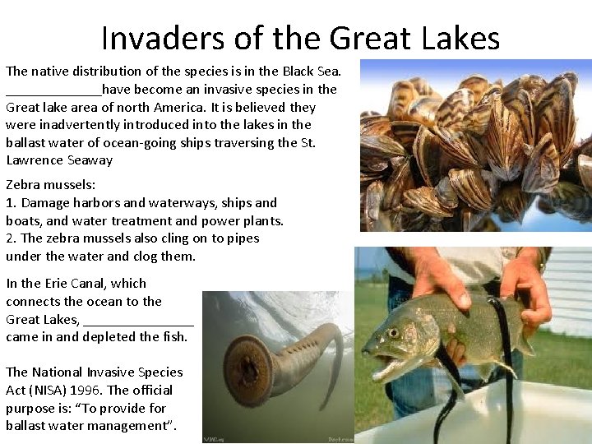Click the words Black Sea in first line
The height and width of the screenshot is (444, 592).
coord(321,71)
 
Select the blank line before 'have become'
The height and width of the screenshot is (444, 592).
coord(53,90)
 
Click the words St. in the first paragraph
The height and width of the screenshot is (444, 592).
coord(308,143)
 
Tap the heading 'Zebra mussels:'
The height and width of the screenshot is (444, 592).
coord(50,184)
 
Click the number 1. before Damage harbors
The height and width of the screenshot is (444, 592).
coord(12,202)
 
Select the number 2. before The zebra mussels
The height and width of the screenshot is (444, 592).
coord(12,238)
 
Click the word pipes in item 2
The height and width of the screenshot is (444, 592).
coord(243,238)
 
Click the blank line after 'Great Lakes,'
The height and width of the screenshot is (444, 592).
coord(138,320)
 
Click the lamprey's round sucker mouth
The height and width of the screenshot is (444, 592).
coord(231,365)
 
